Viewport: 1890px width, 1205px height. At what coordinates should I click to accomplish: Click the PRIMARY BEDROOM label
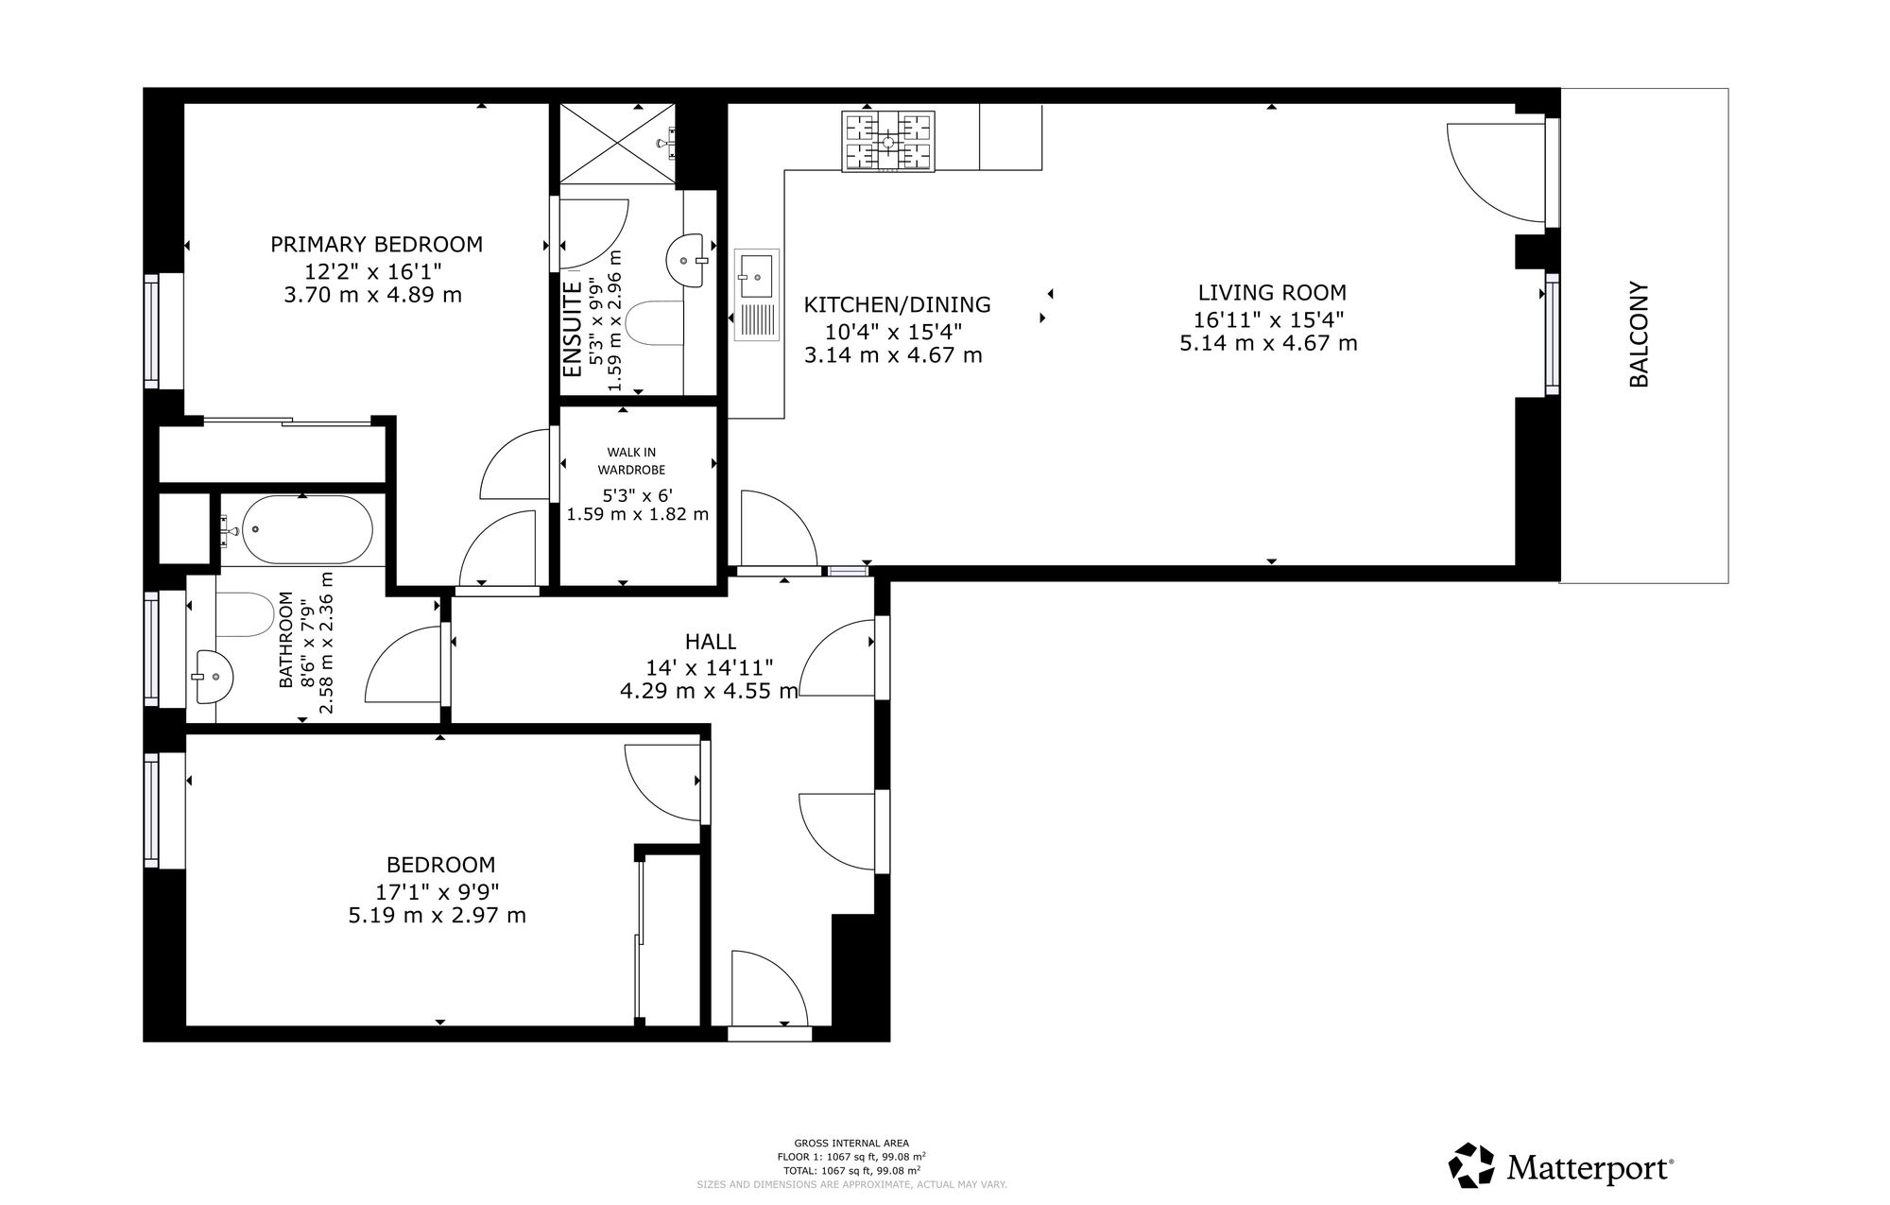pos(376,244)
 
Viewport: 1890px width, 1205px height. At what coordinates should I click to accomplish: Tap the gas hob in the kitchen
pos(888,142)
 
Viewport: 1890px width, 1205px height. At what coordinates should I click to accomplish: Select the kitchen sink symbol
pos(757,295)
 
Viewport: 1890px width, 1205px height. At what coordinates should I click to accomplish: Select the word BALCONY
pos(1639,335)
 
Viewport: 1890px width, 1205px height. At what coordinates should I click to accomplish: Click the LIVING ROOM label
pos(1272,293)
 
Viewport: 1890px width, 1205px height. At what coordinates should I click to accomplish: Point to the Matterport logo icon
pos(1471,1165)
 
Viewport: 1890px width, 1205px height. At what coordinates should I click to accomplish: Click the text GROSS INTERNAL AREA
pos(851,1144)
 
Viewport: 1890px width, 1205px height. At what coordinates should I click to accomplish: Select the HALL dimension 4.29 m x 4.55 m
pos(709,691)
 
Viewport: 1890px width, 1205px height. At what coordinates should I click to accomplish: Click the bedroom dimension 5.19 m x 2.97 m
pos(438,915)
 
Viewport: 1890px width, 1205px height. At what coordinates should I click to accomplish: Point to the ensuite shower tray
pos(618,143)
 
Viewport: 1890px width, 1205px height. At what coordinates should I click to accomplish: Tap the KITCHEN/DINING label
pos(897,304)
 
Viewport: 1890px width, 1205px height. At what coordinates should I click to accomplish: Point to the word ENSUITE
pos(573,330)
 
